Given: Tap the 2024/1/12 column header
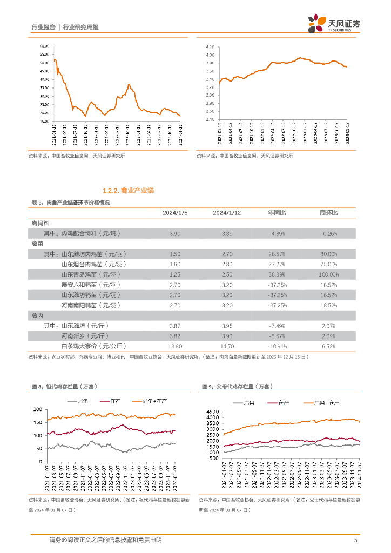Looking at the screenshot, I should (227, 213).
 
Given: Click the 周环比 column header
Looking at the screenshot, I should (328, 213).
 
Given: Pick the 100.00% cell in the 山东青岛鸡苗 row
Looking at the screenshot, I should (328, 274).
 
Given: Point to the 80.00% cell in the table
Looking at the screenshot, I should (328, 254).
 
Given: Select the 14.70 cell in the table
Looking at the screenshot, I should (227, 346).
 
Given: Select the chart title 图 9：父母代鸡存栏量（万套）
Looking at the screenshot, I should (237, 387).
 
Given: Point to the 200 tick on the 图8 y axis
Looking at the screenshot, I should (37, 409).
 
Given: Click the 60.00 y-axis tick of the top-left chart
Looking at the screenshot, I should (44, 47).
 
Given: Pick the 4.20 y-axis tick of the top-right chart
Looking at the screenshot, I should (211, 47).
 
